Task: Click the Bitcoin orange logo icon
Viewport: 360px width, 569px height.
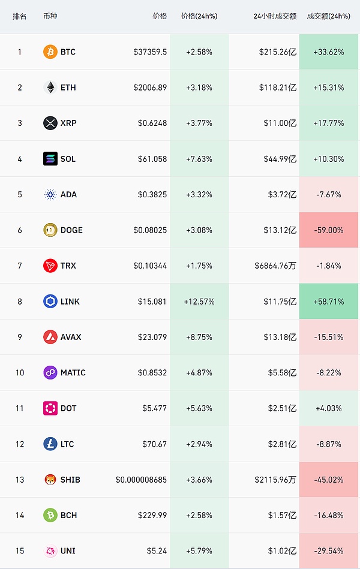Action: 50,52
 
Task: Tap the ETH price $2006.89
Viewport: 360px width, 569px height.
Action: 150,88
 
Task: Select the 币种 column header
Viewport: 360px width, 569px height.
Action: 50,16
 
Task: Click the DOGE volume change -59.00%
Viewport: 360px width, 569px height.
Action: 328,230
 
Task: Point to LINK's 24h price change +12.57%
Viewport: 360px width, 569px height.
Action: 199,302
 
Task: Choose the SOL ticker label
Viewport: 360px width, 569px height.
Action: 68,159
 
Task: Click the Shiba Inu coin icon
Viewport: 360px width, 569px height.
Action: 50,480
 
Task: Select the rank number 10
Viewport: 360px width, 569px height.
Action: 20,373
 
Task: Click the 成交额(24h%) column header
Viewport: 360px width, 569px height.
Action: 328,16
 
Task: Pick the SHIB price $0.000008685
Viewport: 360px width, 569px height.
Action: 141,480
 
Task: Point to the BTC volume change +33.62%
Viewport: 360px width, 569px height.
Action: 328,52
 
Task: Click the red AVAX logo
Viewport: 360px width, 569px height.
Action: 50,337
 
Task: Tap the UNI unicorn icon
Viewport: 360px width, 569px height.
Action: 50,551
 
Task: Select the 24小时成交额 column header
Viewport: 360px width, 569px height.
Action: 275,16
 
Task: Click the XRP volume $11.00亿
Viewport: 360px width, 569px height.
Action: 280,124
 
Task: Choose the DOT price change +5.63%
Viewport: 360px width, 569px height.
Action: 199,408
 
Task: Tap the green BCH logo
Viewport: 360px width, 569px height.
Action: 50,515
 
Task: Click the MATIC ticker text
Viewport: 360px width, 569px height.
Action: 73,373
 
